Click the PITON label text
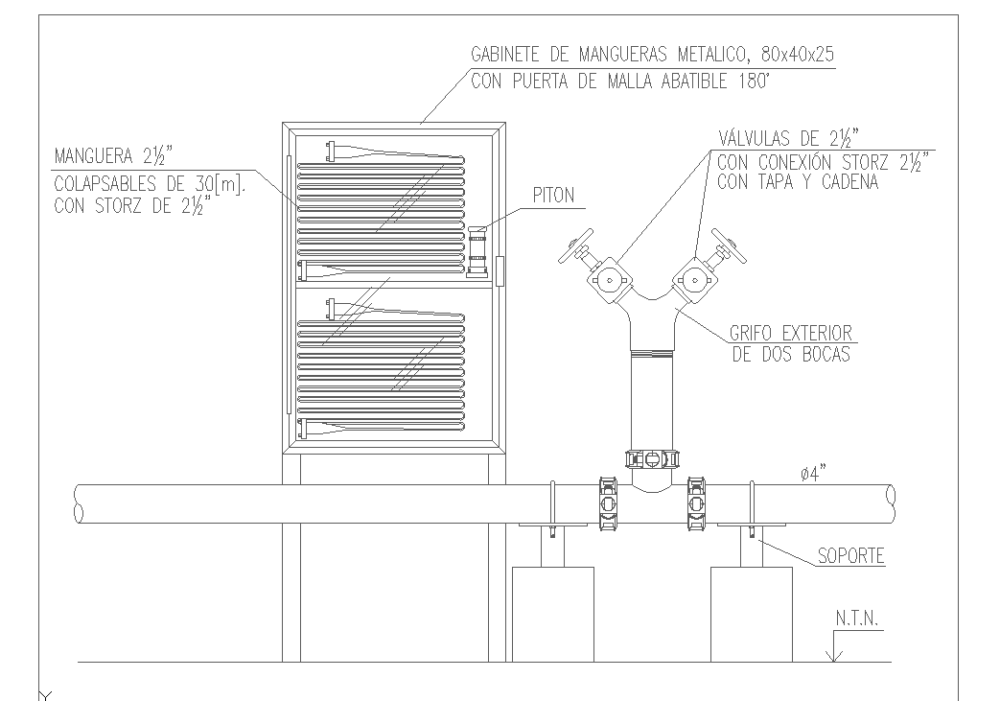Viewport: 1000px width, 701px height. (554, 196)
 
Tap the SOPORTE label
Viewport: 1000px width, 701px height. (850, 555)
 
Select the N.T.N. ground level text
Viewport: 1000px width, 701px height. (856, 620)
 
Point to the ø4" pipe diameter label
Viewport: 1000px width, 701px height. (813, 473)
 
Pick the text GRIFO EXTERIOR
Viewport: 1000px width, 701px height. (792, 334)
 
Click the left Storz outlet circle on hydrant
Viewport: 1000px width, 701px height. (610, 281)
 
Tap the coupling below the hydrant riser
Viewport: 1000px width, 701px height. (651, 458)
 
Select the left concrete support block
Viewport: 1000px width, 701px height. (553, 614)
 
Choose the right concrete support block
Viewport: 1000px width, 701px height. (751, 614)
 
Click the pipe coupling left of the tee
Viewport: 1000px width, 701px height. (607, 502)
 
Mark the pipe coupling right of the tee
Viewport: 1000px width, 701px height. (695, 502)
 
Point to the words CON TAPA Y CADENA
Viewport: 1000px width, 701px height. (798, 182)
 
